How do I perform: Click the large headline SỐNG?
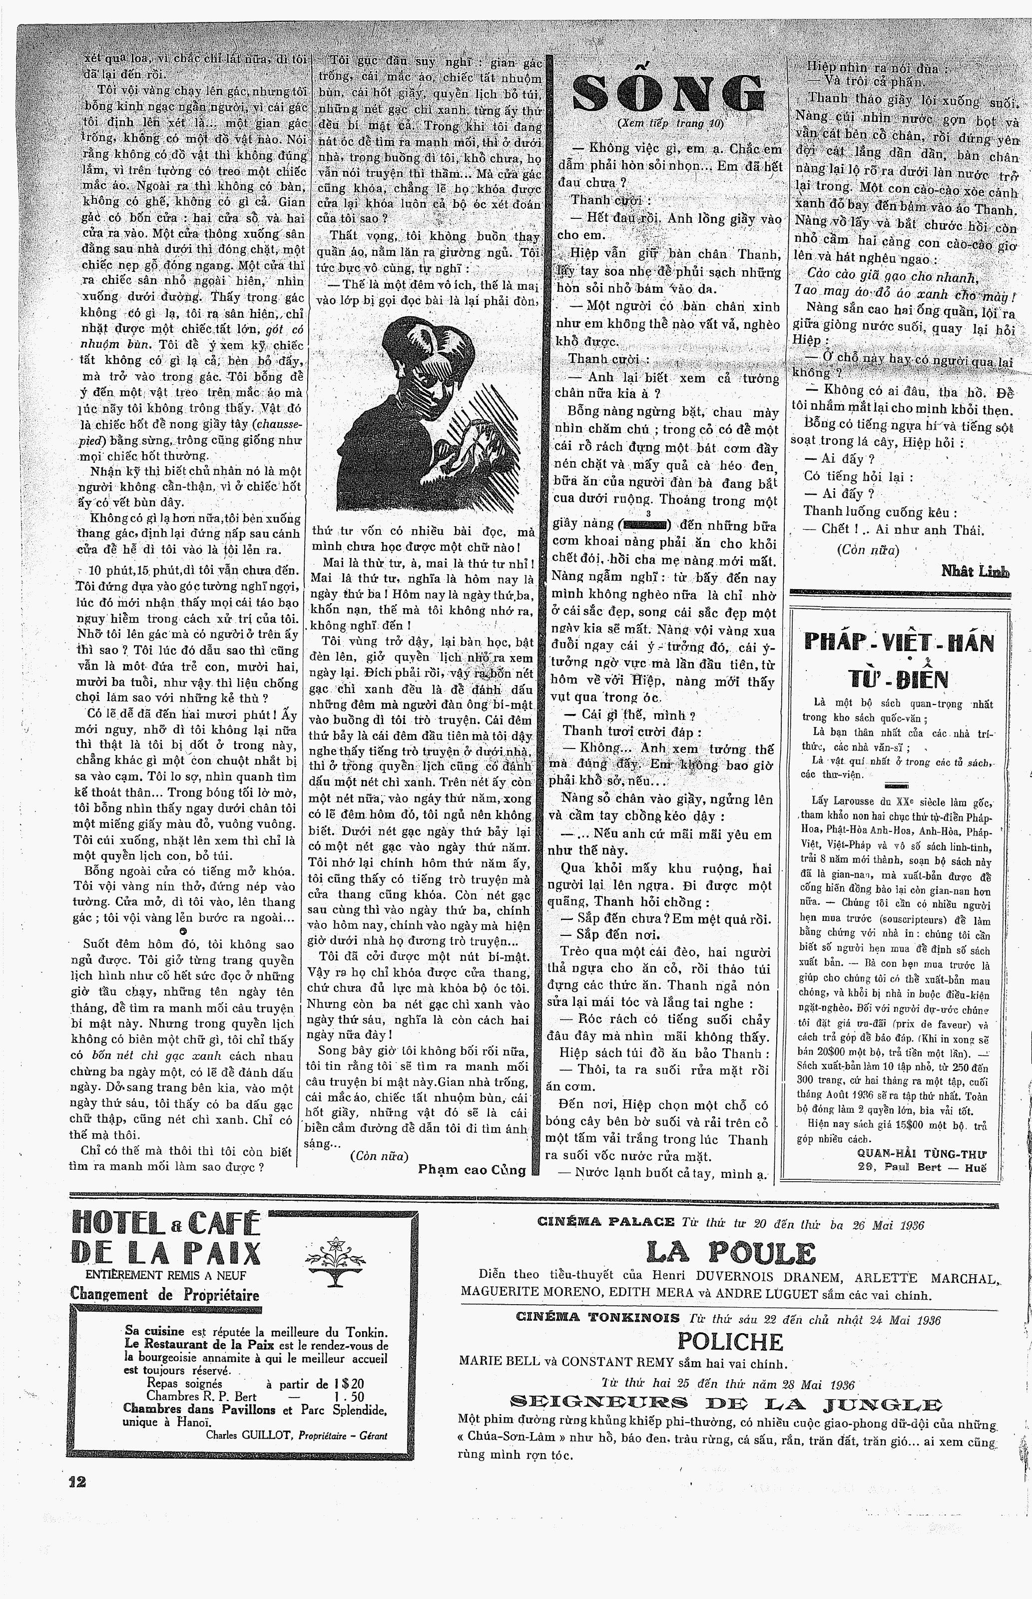pyautogui.click(x=669, y=94)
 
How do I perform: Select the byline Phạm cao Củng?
pyautogui.click(x=472, y=1169)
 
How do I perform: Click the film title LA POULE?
pyautogui.click(x=730, y=1254)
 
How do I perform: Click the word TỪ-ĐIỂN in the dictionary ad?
pyautogui.click(x=898, y=680)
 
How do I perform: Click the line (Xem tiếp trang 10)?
pyautogui.click(x=670, y=124)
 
